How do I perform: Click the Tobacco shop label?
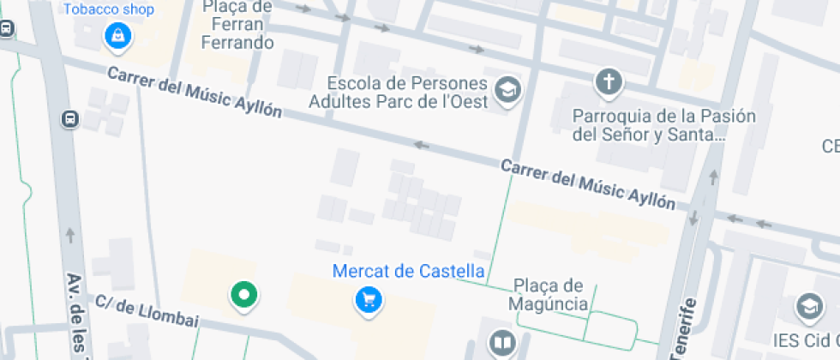pyautogui.click(x=109, y=10)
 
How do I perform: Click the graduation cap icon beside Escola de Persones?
pyautogui.click(x=509, y=89)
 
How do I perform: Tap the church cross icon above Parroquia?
pyautogui.click(x=609, y=83)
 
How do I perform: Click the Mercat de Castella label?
pyautogui.click(x=409, y=272)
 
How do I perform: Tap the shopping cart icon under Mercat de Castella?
pyautogui.click(x=369, y=300)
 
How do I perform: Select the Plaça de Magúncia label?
pyautogui.click(x=548, y=295)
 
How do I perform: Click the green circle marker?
pyautogui.click(x=244, y=296)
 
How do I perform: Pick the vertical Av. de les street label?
pyautogui.click(x=79, y=316)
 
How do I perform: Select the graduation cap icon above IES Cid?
pyautogui.click(x=809, y=306)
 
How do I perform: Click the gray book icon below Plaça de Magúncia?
pyautogui.click(x=501, y=344)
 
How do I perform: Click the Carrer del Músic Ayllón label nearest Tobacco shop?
pyautogui.click(x=194, y=93)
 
